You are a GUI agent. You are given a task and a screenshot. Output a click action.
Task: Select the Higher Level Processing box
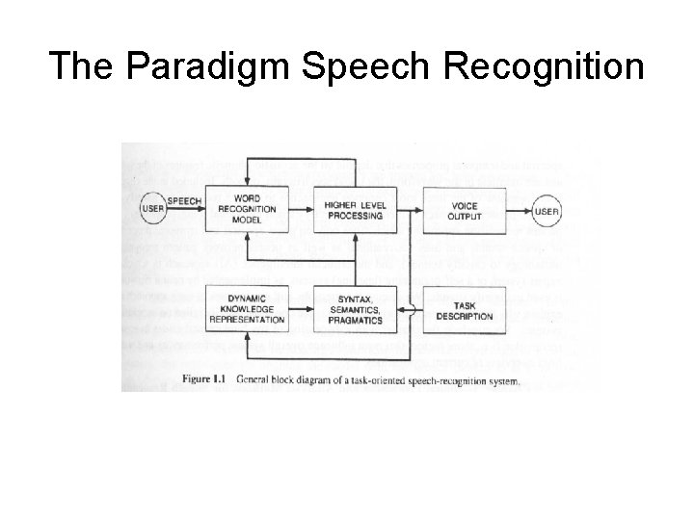tap(354, 210)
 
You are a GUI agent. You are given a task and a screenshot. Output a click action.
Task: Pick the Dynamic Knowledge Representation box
tap(247, 306)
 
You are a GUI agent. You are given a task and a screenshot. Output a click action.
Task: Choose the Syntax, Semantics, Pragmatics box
tap(353, 306)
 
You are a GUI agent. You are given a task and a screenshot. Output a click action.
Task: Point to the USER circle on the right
tap(547, 211)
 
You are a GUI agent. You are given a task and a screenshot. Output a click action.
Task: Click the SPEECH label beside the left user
tap(185, 201)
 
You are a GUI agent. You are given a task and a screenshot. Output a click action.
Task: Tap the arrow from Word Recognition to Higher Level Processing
tap(301, 210)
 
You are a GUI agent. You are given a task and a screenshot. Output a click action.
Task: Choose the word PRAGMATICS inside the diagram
tap(353, 319)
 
